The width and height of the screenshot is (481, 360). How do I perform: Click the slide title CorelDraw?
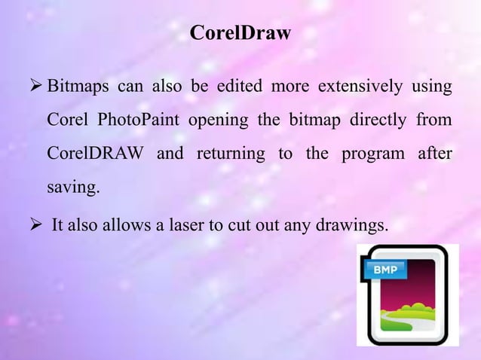(240, 34)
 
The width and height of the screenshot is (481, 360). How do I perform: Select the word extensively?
(360, 90)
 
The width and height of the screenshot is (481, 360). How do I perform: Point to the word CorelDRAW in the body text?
(96, 154)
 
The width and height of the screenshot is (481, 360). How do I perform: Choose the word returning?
(230, 154)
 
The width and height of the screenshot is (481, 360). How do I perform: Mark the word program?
(372, 154)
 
